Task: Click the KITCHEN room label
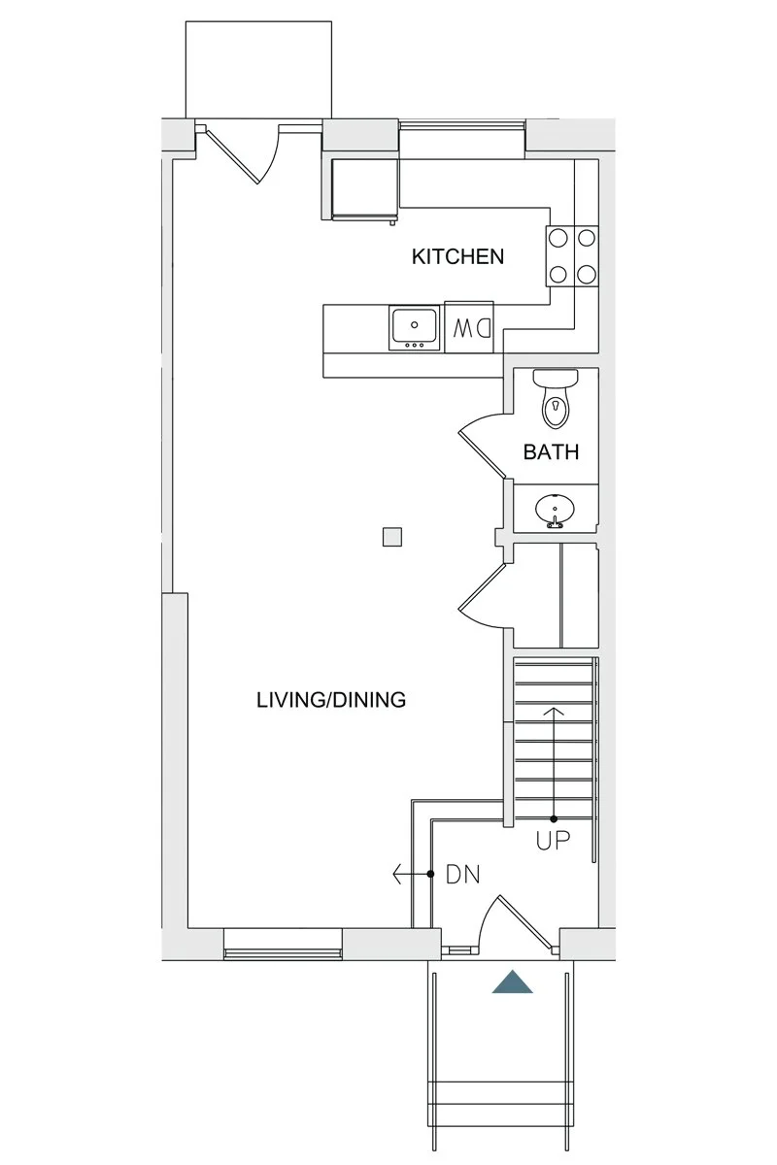point(457,256)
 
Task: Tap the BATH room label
point(551,452)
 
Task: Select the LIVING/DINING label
point(331,700)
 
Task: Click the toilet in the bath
point(556,398)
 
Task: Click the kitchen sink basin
point(415,327)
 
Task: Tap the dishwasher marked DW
point(469,328)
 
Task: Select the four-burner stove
point(572,256)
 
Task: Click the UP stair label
point(554,840)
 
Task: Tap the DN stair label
point(462,875)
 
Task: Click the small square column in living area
point(391,537)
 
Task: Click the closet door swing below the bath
point(482,598)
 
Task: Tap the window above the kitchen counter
point(461,125)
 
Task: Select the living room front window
point(283,952)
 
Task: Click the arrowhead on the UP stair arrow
point(554,711)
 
